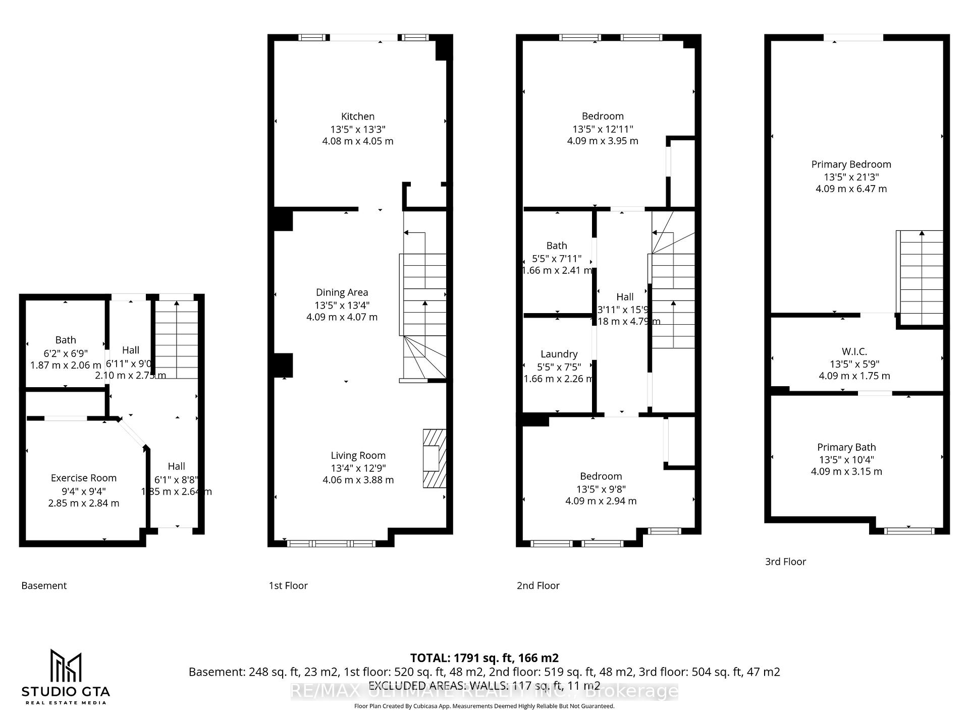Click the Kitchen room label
pos(357,116)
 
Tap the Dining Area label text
pos(342,292)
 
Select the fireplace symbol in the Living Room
pos(434,458)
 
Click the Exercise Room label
pos(84,478)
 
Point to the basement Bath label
pos(66,340)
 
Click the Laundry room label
pos(559,354)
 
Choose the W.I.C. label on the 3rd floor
pos(854,351)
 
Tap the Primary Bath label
pos(846,447)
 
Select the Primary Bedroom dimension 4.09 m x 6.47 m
pos(851,189)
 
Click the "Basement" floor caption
pos(44,585)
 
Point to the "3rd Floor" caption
pos(785,561)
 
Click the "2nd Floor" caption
pos(538,585)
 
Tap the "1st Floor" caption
pos(288,585)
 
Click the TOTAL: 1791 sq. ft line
pos(484,658)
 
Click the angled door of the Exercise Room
pos(133,433)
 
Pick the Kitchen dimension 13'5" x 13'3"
pos(357,129)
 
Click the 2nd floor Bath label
pos(557,246)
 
